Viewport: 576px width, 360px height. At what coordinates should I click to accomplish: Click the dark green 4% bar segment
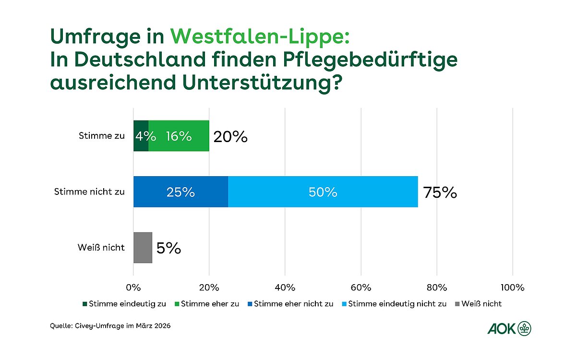[x=141, y=136]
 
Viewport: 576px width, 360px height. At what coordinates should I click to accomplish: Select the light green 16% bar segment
[x=179, y=136]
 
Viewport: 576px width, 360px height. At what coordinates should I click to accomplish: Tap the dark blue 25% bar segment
[x=180, y=192]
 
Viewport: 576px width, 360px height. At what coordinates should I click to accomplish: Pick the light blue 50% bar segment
[x=323, y=192]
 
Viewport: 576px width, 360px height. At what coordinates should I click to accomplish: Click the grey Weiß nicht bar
[x=143, y=248]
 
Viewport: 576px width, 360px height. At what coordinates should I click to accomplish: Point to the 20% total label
[x=231, y=137]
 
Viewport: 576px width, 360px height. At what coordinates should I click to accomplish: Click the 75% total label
[x=440, y=192]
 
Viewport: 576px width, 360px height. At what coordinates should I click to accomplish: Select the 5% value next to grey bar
[x=168, y=248]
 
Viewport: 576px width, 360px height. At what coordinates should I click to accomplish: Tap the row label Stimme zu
[x=101, y=136]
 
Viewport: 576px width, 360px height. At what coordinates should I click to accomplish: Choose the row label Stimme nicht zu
[x=90, y=192]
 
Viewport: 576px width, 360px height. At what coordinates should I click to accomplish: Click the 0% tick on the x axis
[x=133, y=288]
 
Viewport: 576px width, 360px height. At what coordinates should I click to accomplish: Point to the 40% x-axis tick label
[x=285, y=288]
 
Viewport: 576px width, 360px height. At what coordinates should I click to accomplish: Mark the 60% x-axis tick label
[x=361, y=288]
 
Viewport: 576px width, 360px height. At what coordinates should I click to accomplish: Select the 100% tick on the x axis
[x=512, y=288]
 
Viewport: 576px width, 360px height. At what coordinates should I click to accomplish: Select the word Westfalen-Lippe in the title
[x=257, y=36]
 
